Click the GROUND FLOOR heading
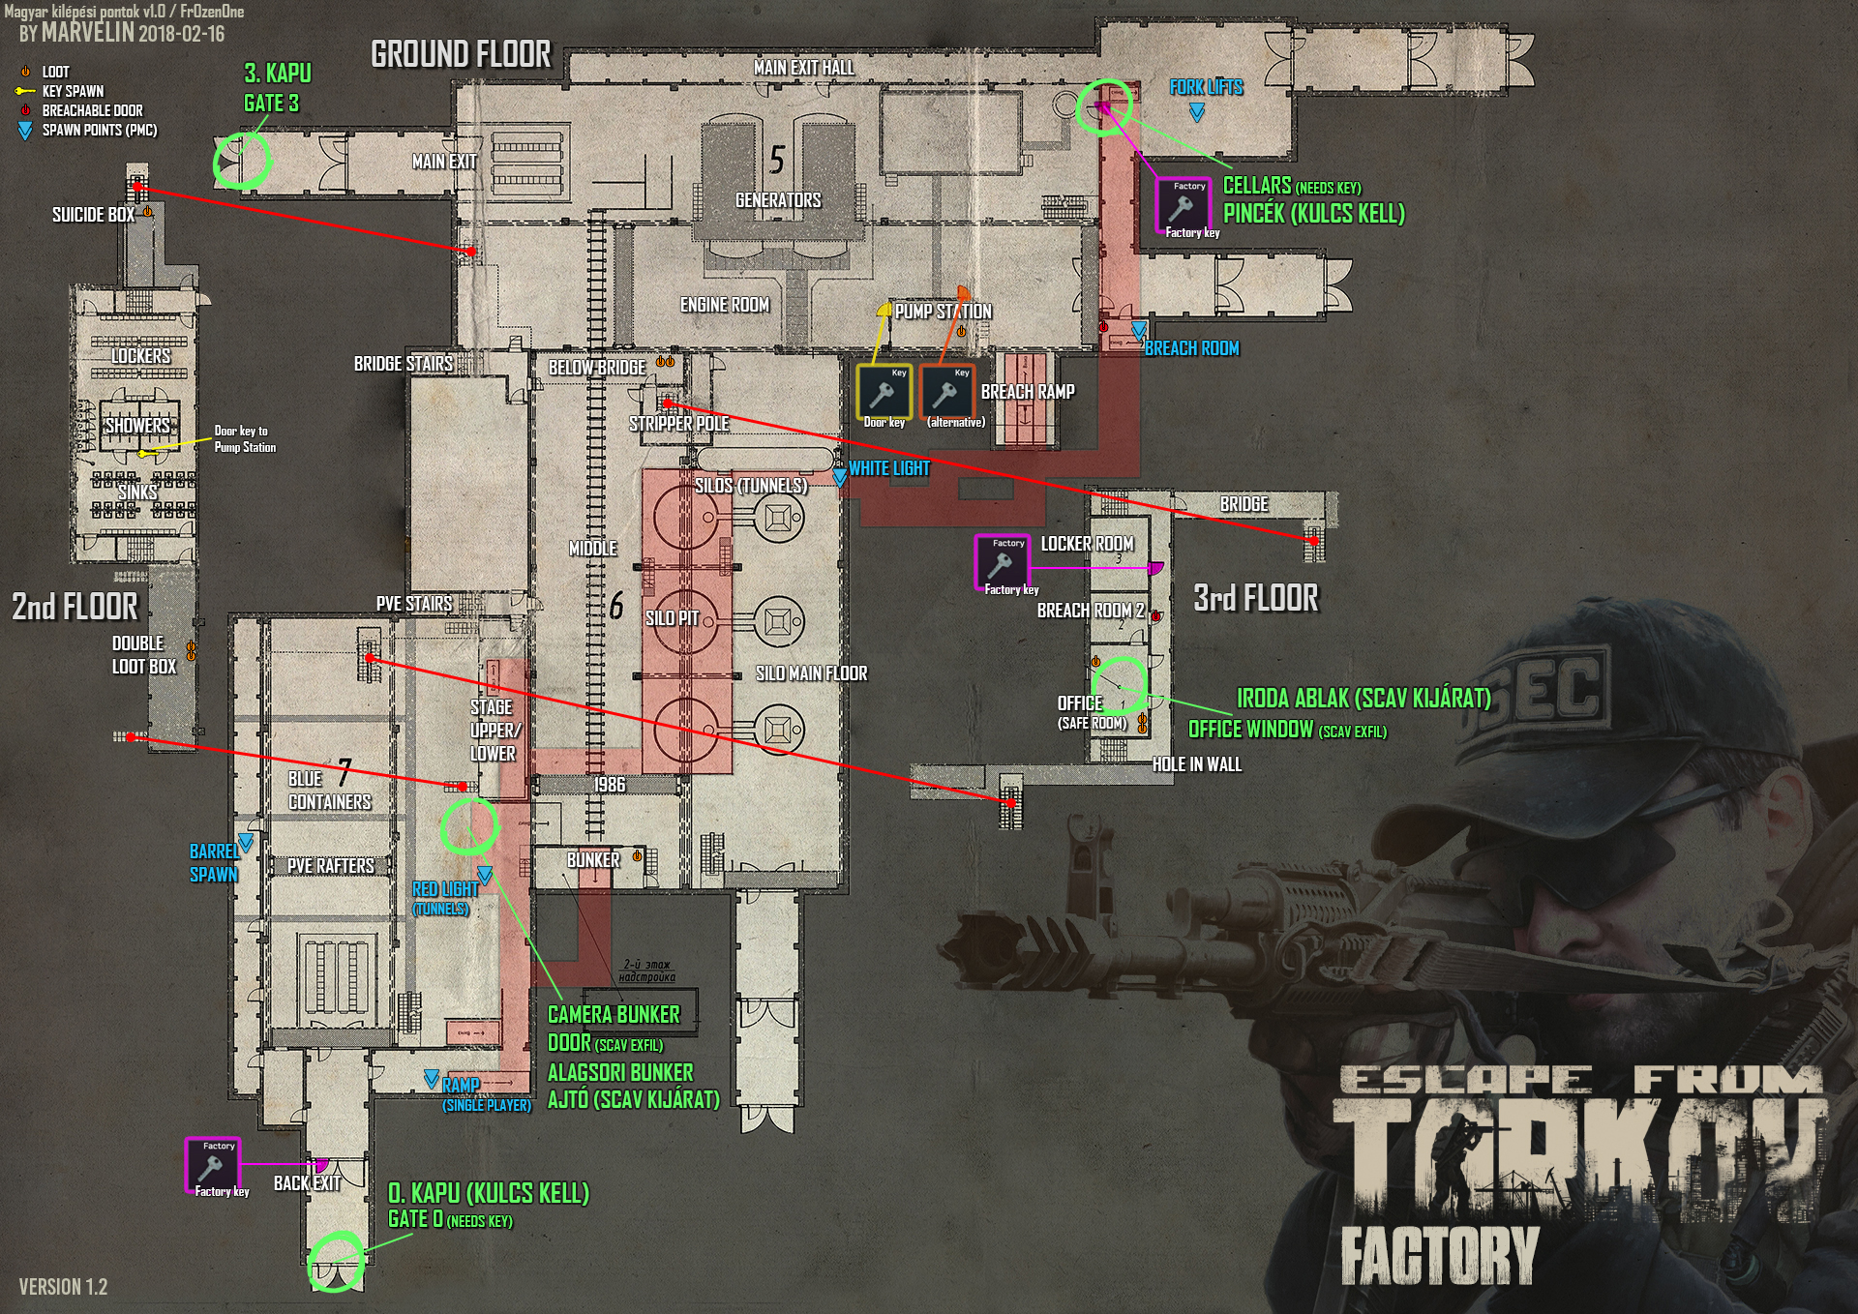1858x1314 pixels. pyautogui.click(x=461, y=54)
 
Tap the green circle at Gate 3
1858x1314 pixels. pyautogui.click(x=241, y=161)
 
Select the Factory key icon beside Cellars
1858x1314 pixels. pyautogui.click(x=1182, y=205)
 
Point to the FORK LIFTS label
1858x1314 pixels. pyautogui.click(x=1206, y=87)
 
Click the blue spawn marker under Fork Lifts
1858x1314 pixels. pyautogui.click(x=1197, y=112)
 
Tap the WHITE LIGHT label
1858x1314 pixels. pyautogui.click(x=888, y=468)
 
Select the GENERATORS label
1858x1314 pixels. pyautogui.click(x=778, y=200)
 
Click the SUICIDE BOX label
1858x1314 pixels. pyautogui.click(x=93, y=215)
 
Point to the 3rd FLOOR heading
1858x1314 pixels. pyautogui.click(x=1255, y=598)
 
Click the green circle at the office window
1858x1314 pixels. pyautogui.click(x=1121, y=684)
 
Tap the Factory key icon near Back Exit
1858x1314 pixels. pyautogui.click(x=212, y=1165)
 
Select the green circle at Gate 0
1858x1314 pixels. pyautogui.click(x=336, y=1261)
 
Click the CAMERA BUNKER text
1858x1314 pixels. pyautogui.click(x=614, y=1015)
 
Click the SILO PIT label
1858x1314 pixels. pyautogui.click(x=672, y=618)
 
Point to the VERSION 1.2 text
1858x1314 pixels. pyautogui.click(x=63, y=1287)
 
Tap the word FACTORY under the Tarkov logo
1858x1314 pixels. pyautogui.click(x=1439, y=1254)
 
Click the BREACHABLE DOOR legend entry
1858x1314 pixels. pyautogui.click(x=92, y=110)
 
